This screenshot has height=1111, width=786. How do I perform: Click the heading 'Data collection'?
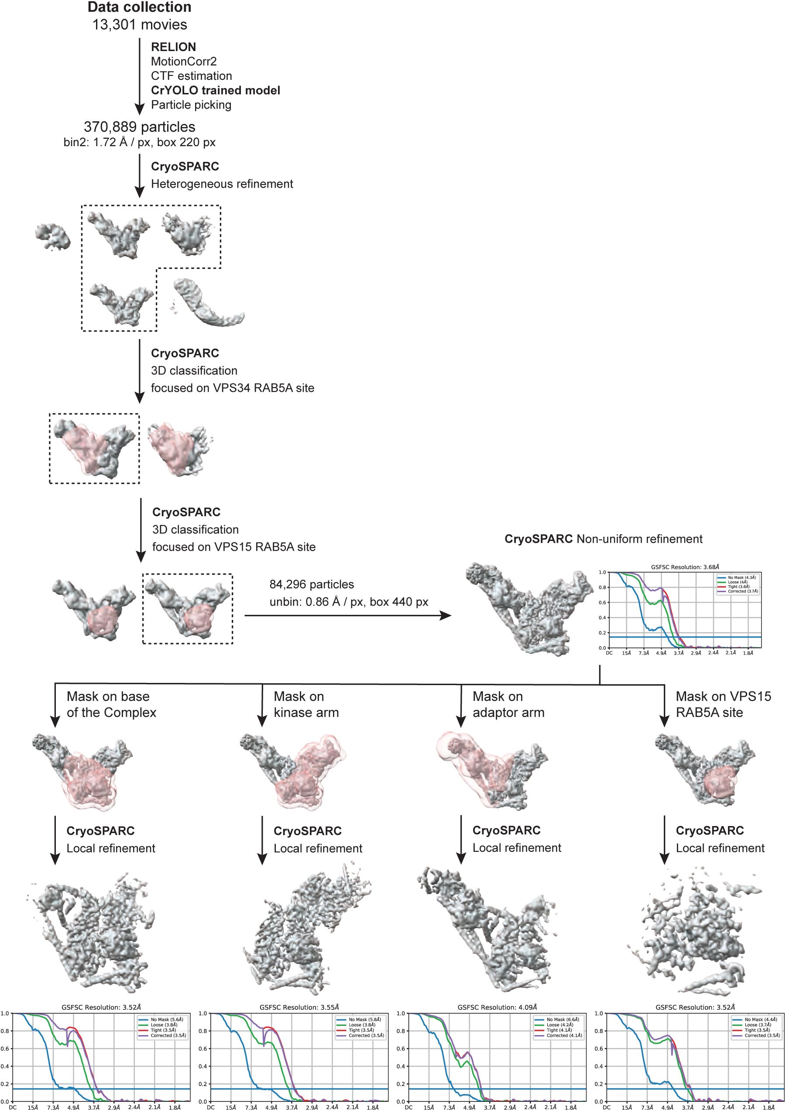(x=139, y=7)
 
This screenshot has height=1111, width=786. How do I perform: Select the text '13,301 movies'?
(x=139, y=25)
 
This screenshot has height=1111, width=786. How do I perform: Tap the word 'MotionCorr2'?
(x=183, y=62)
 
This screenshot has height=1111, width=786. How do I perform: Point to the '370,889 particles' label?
(x=139, y=127)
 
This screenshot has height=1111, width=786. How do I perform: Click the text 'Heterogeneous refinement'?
(x=222, y=184)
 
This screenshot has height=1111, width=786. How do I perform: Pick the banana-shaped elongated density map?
(x=209, y=302)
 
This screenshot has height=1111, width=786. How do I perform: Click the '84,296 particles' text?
(x=312, y=585)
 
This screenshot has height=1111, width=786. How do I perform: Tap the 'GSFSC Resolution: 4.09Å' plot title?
(x=497, y=1007)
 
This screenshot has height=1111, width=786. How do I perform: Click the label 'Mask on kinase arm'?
(x=306, y=705)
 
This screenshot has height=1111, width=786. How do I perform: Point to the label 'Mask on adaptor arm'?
(x=508, y=705)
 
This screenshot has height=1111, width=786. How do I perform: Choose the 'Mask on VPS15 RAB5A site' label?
(x=723, y=705)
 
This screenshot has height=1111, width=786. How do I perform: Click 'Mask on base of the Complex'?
(x=111, y=705)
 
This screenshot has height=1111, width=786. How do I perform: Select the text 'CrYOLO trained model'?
(x=216, y=90)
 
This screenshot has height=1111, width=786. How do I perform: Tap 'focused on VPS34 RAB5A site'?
(x=232, y=388)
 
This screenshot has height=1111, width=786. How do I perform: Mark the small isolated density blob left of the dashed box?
(x=53, y=237)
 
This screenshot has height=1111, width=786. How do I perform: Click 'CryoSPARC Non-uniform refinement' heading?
(x=603, y=539)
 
